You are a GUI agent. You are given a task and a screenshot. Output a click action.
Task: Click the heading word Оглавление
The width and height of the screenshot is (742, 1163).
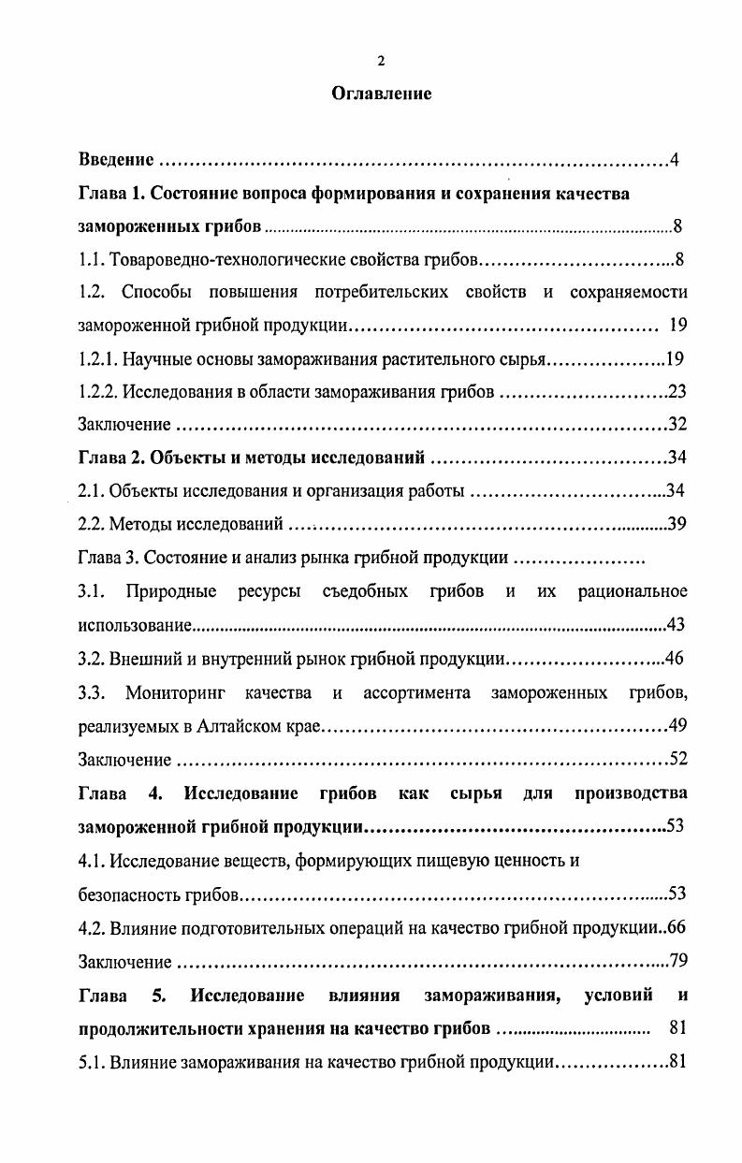[x=382, y=94]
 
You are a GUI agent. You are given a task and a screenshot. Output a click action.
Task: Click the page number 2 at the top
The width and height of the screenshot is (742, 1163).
[x=381, y=62]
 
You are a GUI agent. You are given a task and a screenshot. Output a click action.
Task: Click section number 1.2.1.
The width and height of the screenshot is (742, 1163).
[x=100, y=358]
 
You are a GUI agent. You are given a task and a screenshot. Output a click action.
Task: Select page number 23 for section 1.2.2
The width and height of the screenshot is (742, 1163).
[x=677, y=392]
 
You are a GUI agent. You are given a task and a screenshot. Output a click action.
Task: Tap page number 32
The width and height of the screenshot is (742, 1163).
[x=677, y=425]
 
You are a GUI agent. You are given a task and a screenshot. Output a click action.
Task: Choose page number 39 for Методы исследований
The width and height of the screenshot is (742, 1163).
[x=677, y=525]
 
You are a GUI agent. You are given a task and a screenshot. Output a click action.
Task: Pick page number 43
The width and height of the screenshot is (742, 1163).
[x=677, y=625]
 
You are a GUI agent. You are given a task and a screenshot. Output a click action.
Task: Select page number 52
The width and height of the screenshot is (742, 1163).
[x=677, y=759]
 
